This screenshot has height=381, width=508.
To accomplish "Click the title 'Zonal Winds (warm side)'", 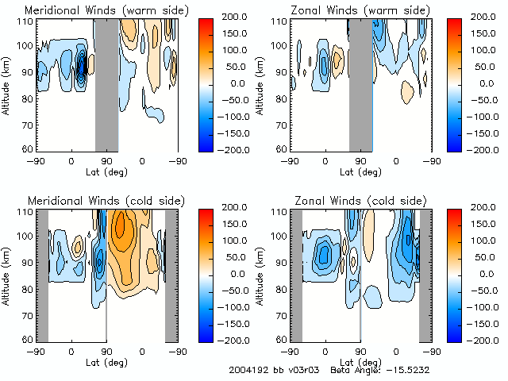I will [x=351, y=10].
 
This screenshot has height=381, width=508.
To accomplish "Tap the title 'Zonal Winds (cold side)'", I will [x=351, y=201].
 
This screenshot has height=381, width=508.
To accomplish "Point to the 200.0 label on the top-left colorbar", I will [x=240, y=17].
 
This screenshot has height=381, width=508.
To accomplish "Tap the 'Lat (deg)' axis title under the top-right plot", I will [x=360, y=171].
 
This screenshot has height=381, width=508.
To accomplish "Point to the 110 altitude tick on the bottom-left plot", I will [x=27, y=212].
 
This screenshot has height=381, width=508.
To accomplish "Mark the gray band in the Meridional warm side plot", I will [x=106, y=83].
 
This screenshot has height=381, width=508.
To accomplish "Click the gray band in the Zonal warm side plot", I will [x=360, y=83].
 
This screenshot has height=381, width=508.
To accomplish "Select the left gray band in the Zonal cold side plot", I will [x=296, y=274].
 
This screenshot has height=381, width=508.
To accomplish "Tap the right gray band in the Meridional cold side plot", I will [x=171, y=274].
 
